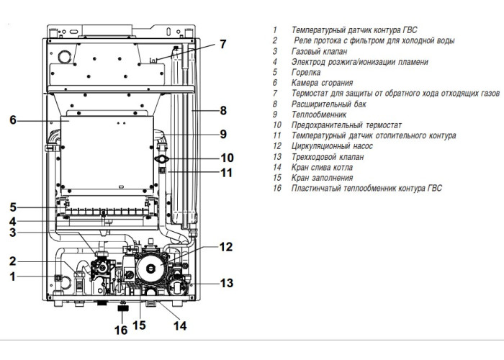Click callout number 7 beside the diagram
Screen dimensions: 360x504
pyautogui.click(x=223, y=44)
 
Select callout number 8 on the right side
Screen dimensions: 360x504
pyautogui.click(x=223, y=111)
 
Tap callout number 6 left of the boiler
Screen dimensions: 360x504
pyautogui.click(x=13, y=120)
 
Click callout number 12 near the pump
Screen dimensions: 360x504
pyautogui.click(x=226, y=247)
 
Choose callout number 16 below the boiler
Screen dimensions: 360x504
pyautogui.click(x=121, y=330)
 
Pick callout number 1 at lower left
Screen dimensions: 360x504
pyautogui.click(x=12, y=276)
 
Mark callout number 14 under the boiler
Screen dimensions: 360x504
pyautogui.click(x=179, y=325)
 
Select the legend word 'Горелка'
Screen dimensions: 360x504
pyautogui.click(x=307, y=73)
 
